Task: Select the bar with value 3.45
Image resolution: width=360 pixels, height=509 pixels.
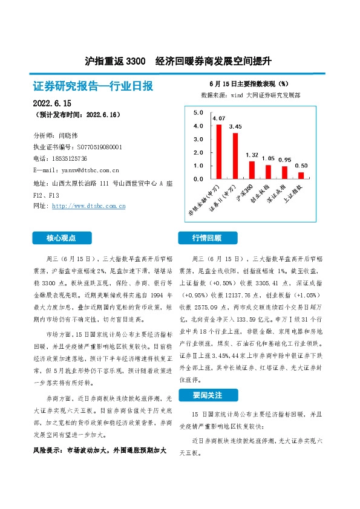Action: coord(235,155)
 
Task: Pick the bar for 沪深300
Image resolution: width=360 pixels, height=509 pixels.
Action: coord(252,170)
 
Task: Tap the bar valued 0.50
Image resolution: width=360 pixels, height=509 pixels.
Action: coord(301,175)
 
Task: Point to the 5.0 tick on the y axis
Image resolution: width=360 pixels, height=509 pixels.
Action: coord(198,113)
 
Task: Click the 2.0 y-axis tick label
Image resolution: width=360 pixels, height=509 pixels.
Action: coord(198,153)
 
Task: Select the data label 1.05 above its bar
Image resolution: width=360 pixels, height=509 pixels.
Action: coord(268,158)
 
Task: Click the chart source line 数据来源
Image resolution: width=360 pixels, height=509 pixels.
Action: coord(250,96)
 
